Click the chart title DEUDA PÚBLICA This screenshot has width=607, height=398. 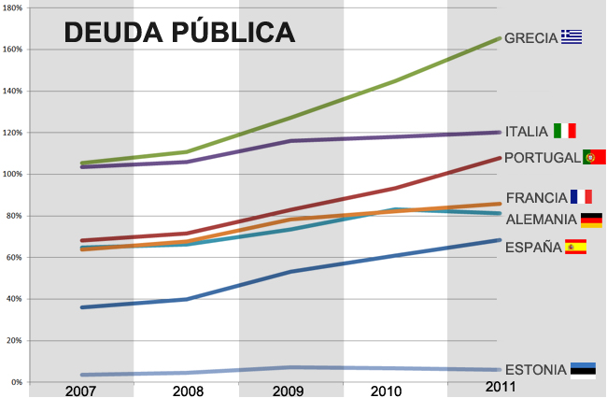pos(179,33)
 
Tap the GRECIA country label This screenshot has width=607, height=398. pos(530,38)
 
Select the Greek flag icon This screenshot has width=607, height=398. pos(572,37)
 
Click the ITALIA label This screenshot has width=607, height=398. pos(527,132)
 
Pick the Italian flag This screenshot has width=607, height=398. pos(565,131)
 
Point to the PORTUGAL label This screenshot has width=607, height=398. pos(542,158)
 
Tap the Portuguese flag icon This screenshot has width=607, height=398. pos(595,157)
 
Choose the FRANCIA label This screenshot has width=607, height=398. pos(536,197)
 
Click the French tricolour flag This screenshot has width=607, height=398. pos(582,196)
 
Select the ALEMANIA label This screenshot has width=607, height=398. pos(541,220)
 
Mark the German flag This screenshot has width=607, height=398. pos(591,220)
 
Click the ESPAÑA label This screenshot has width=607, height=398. pos(531,248)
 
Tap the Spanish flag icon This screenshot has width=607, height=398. pos(575,247)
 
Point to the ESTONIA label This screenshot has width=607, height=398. pos(535,370)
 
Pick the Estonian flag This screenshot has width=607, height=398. pos(584,369)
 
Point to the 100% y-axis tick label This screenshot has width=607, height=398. pos(12,174)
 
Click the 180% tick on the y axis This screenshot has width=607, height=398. pos(12,7)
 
